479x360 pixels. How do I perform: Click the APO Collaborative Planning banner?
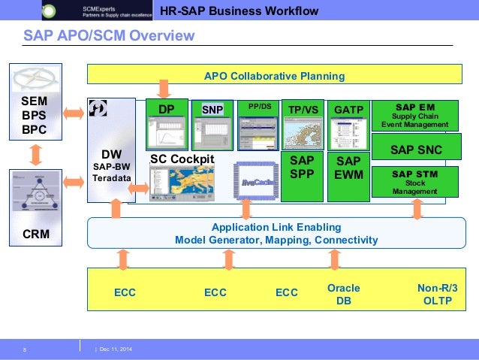(274, 76)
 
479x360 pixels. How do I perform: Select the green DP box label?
(167, 109)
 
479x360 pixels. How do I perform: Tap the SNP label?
(212, 110)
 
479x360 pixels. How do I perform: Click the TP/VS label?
(303, 110)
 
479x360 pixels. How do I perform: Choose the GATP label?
(348, 110)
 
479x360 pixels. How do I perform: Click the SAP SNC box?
(415, 150)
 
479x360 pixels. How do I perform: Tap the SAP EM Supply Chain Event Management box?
(415, 115)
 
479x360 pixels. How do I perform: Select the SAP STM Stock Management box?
(415, 182)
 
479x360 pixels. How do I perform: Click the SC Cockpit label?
(182, 159)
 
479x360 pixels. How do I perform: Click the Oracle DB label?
(344, 293)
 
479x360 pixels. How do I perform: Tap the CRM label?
(35, 234)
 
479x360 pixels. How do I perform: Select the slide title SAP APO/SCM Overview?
(109, 36)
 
